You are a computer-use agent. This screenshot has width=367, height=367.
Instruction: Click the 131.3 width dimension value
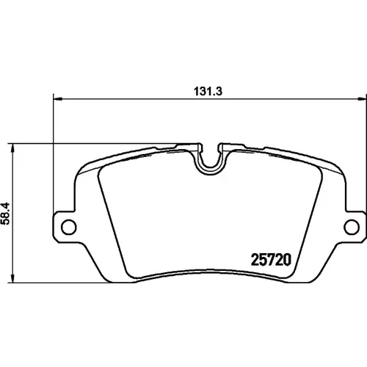[208, 92]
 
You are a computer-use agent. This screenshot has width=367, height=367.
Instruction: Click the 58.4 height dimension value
[5, 214]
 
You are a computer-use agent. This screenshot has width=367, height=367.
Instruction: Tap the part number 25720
[271, 260]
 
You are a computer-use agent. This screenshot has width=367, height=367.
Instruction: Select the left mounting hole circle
[69, 227]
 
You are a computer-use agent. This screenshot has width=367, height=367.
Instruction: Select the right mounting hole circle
[352, 227]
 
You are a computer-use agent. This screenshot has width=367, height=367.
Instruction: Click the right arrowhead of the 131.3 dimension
[362, 99]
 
